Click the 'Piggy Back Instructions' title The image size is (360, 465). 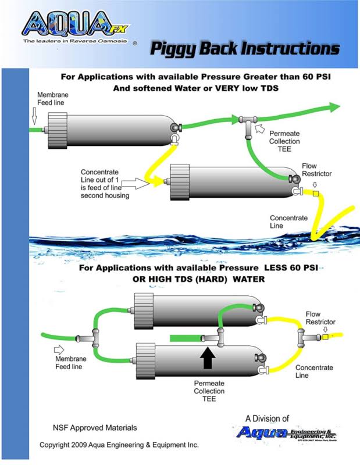tap(244, 48)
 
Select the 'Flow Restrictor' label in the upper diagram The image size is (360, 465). tap(317, 170)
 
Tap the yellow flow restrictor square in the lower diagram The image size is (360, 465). tap(325, 336)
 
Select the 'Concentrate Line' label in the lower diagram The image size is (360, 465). tap(314, 372)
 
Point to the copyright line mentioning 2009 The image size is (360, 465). tap(119, 445)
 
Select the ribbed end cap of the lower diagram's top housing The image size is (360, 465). tap(143, 307)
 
